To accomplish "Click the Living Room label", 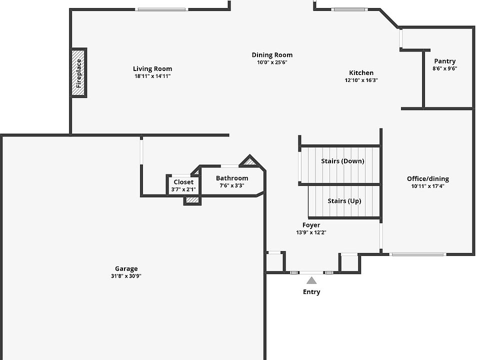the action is point(152,69).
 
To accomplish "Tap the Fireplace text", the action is point(78,73).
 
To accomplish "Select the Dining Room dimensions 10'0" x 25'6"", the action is point(272,62).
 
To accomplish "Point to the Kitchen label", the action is point(361,73).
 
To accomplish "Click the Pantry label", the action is point(445,61).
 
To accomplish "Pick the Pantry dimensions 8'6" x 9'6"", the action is point(445,68).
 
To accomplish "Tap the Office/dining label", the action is point(428,179).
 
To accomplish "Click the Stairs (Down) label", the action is point(342,161).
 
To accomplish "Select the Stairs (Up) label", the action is point(344,201).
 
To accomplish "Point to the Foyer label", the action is point(311,225).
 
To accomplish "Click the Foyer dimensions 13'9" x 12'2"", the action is point(311,232).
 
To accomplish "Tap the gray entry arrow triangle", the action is point(311,280).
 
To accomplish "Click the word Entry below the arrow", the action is point(311,291).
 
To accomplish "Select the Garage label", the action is point(126,269).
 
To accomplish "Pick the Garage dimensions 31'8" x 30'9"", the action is point(126,276).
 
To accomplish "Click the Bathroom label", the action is point(232,178).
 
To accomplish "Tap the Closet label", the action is point(183,182).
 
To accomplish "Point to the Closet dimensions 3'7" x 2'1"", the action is point(183,189).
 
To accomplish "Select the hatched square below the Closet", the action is point(192,200).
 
